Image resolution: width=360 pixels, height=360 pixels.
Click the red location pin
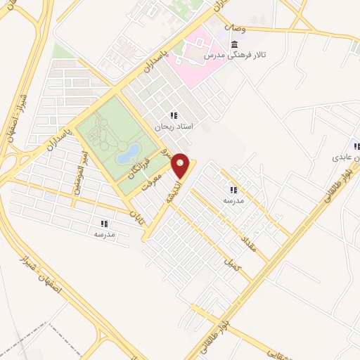pyautogui.click(x=181, y=165)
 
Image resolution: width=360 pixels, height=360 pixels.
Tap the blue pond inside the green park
pyautogui.click(x=128, y=153)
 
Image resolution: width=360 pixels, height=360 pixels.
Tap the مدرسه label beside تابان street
pyautogui.click(x=104, y=233)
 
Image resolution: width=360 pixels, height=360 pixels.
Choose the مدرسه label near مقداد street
pyautogui.click(x=233, y=200)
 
